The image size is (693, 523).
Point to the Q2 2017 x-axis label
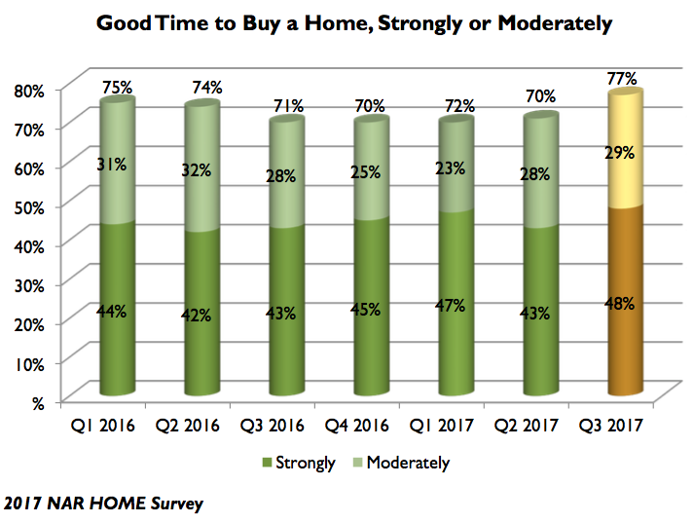coord(539,425)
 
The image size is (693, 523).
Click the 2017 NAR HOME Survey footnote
coord(102,503)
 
